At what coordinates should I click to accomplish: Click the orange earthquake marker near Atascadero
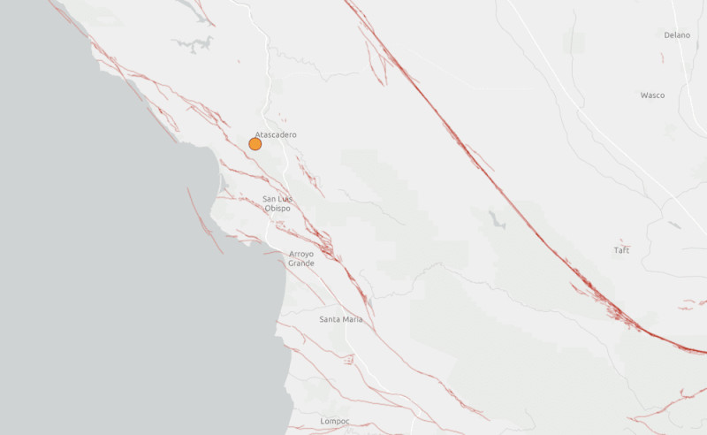click(255, 143)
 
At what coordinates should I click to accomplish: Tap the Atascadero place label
click(276, 134)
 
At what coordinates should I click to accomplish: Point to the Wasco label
click(653, 95)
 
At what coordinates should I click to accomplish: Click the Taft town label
click(621, 250)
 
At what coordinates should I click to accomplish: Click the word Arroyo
click(301, 254)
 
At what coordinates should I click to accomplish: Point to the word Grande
click(301, 263)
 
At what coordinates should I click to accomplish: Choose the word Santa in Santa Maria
click(330, 318)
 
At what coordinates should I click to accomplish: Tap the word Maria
click(352, 318)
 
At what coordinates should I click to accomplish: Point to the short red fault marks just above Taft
click(622, 240)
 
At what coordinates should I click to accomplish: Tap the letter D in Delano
click(667, 35)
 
